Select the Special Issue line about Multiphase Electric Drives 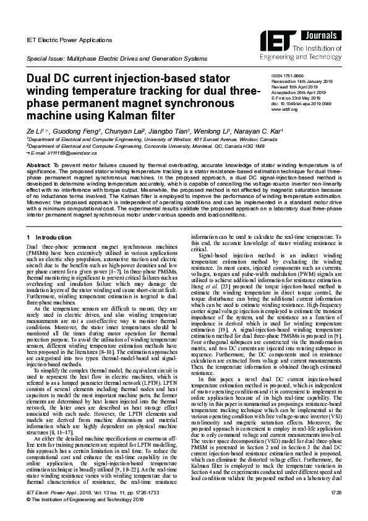[x=116, y=58]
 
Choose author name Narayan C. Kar [x=263, y=132]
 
